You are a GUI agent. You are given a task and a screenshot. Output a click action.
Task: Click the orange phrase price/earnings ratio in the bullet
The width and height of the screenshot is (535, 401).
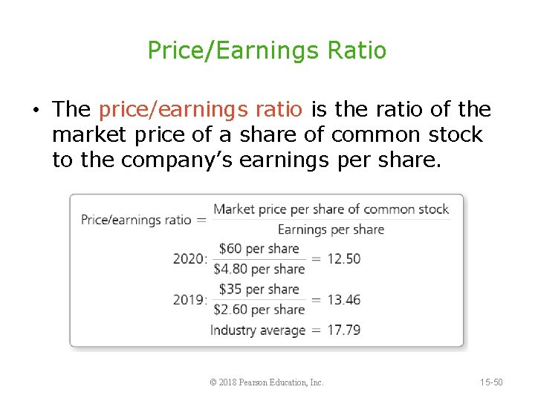click(201, 110)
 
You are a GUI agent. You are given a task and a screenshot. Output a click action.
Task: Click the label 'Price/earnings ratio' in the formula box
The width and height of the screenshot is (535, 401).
click(136, 220)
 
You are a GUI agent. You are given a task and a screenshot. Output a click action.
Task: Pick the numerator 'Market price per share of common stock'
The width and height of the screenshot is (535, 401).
click(331, 209)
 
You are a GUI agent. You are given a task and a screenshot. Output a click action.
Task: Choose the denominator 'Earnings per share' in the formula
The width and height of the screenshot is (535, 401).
click(331, 229)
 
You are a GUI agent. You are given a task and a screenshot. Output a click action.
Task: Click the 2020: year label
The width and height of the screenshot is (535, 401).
click(189, 259)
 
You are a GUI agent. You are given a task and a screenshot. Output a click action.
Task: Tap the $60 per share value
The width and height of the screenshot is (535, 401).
click(259, 249)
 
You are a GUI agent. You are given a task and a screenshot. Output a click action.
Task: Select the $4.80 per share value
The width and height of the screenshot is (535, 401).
click(259, 269)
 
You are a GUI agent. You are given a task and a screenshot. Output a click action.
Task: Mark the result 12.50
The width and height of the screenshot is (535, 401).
click(344, 259)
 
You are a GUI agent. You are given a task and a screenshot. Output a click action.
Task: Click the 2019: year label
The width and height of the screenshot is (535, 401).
click(189, 300)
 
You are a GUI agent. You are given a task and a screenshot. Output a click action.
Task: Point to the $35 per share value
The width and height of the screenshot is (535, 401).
click(259, 290)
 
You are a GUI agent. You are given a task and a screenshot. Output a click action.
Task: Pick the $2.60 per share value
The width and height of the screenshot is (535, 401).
click(259, 310)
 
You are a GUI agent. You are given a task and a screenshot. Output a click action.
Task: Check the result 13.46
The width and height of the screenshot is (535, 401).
click(344, 300)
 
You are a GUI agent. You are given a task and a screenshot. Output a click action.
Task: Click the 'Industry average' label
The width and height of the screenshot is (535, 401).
click(258, 330)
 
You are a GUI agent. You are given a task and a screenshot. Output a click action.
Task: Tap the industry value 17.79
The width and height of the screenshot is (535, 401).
click(344, 330)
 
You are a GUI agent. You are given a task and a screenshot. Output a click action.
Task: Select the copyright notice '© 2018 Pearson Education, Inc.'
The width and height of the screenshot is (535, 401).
click(267, 382)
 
